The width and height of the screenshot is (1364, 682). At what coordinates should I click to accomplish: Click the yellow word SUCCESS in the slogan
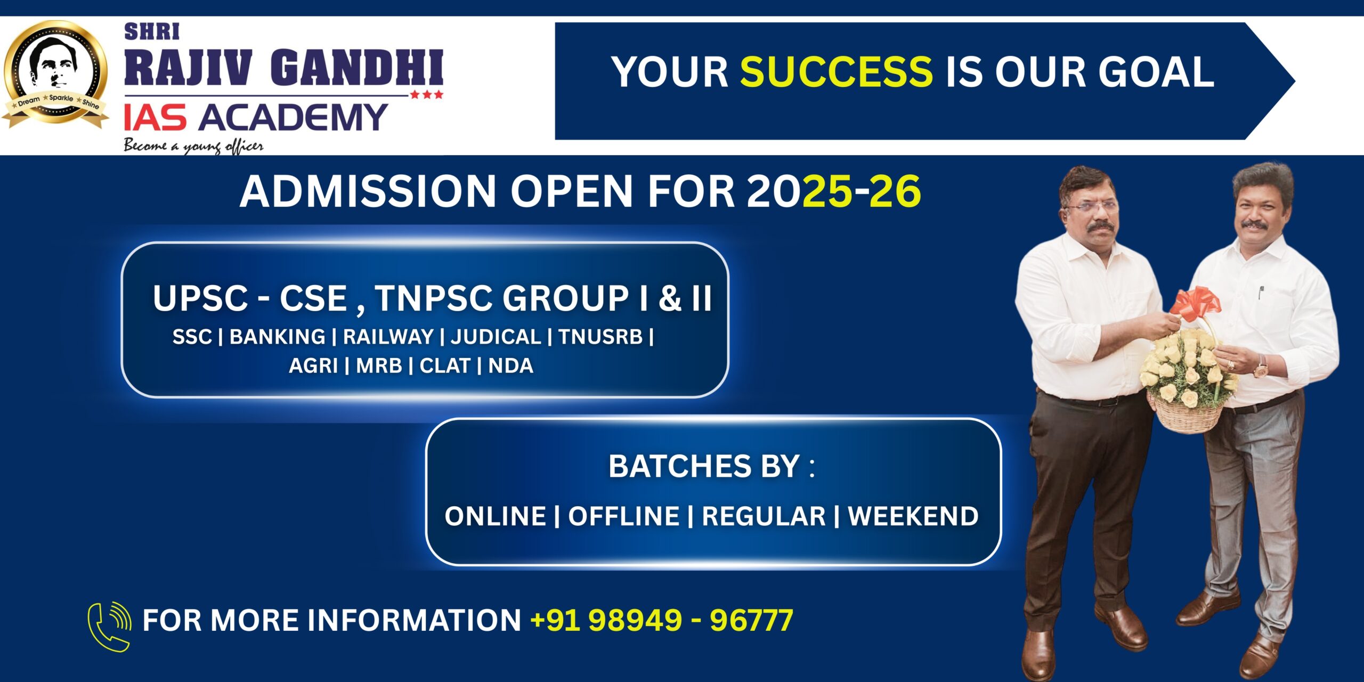pyautogui.click(x=836, y=71)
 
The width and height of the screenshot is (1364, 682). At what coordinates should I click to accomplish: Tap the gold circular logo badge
pyautogui.click(x=55, y=75)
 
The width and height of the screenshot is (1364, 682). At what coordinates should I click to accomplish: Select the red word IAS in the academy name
pyautogui.click(x=155, y=118)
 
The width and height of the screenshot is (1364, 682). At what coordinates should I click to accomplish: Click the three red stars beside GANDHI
pyautogui.click(x=426, y=95)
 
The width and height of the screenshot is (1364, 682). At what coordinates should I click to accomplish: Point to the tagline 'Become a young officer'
pyautogui.click(x=193, y=145)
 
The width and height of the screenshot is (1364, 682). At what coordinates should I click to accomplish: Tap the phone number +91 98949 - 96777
pyautogui.click(x=662, y=620)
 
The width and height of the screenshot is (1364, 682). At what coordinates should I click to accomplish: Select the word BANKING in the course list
pyautogui.click(x=277, y=337)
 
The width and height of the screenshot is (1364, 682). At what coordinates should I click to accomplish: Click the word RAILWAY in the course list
pyautogui.click(x=388, y=337)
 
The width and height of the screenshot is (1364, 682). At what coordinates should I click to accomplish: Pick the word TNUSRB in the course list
pyautogui.click(x=600, y=337)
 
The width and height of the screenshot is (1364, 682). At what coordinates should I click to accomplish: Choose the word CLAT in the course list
pyautogui.click(x=445, y=366)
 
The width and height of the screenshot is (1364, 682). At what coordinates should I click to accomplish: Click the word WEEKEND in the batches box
pyautogui.click(x=913, y=516)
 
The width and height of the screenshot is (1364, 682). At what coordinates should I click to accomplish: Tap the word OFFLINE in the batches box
pyautogui.click(x=623, y=516)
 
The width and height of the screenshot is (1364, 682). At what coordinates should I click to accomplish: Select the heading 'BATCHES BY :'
pyautogui.click(x=712, y=466)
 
